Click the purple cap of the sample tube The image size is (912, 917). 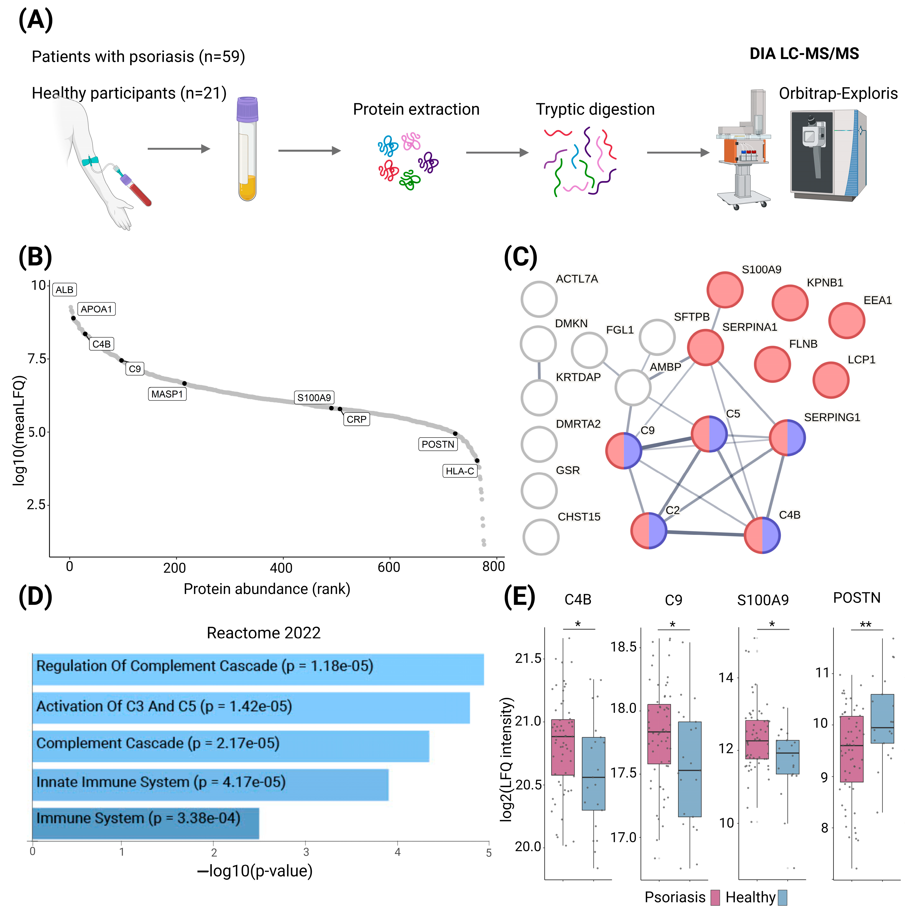point(247,109)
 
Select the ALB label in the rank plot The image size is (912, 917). point(65,290)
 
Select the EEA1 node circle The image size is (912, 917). point(846,321)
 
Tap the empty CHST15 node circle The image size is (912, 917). point(541,537)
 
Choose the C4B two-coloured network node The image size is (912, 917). point(762,535)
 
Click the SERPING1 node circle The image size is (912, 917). point(787,438)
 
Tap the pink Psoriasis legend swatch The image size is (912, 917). point(715,898)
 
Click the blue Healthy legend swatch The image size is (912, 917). point(782,898)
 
